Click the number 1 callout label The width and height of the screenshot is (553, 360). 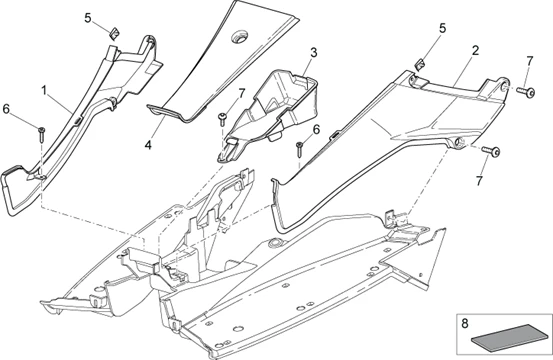(44, 91)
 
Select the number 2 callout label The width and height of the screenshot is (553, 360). (475, 50)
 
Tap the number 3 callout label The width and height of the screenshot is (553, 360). (313, 52)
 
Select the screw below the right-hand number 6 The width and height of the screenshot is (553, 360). (299, 150)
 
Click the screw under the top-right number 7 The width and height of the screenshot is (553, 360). (522, 91)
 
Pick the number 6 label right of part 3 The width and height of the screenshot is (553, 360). (316, 129)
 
